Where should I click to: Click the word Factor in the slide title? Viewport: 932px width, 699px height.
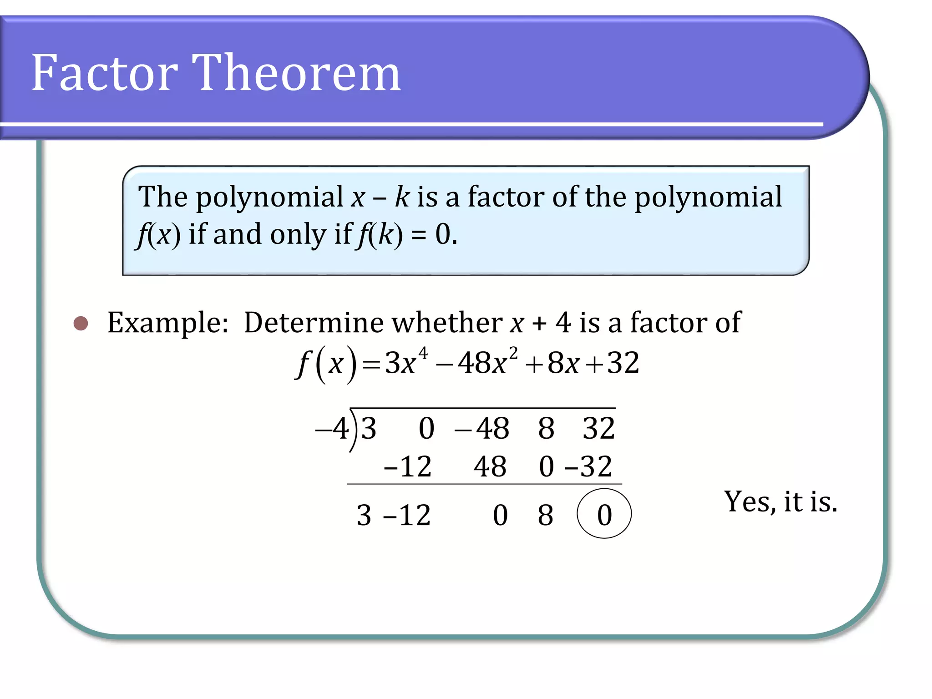105,73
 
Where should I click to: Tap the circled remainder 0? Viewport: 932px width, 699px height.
604,514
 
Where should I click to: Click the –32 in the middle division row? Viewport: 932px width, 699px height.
588,466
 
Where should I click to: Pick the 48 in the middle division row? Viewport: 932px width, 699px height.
490,466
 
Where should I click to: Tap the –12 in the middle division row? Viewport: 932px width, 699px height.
408,466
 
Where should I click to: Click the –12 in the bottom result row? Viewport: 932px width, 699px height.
407,515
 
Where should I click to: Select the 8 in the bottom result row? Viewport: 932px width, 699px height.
546,515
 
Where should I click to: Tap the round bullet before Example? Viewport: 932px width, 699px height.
81,323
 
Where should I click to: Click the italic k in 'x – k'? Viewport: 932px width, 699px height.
402,197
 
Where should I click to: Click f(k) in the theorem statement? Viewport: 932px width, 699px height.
380,235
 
